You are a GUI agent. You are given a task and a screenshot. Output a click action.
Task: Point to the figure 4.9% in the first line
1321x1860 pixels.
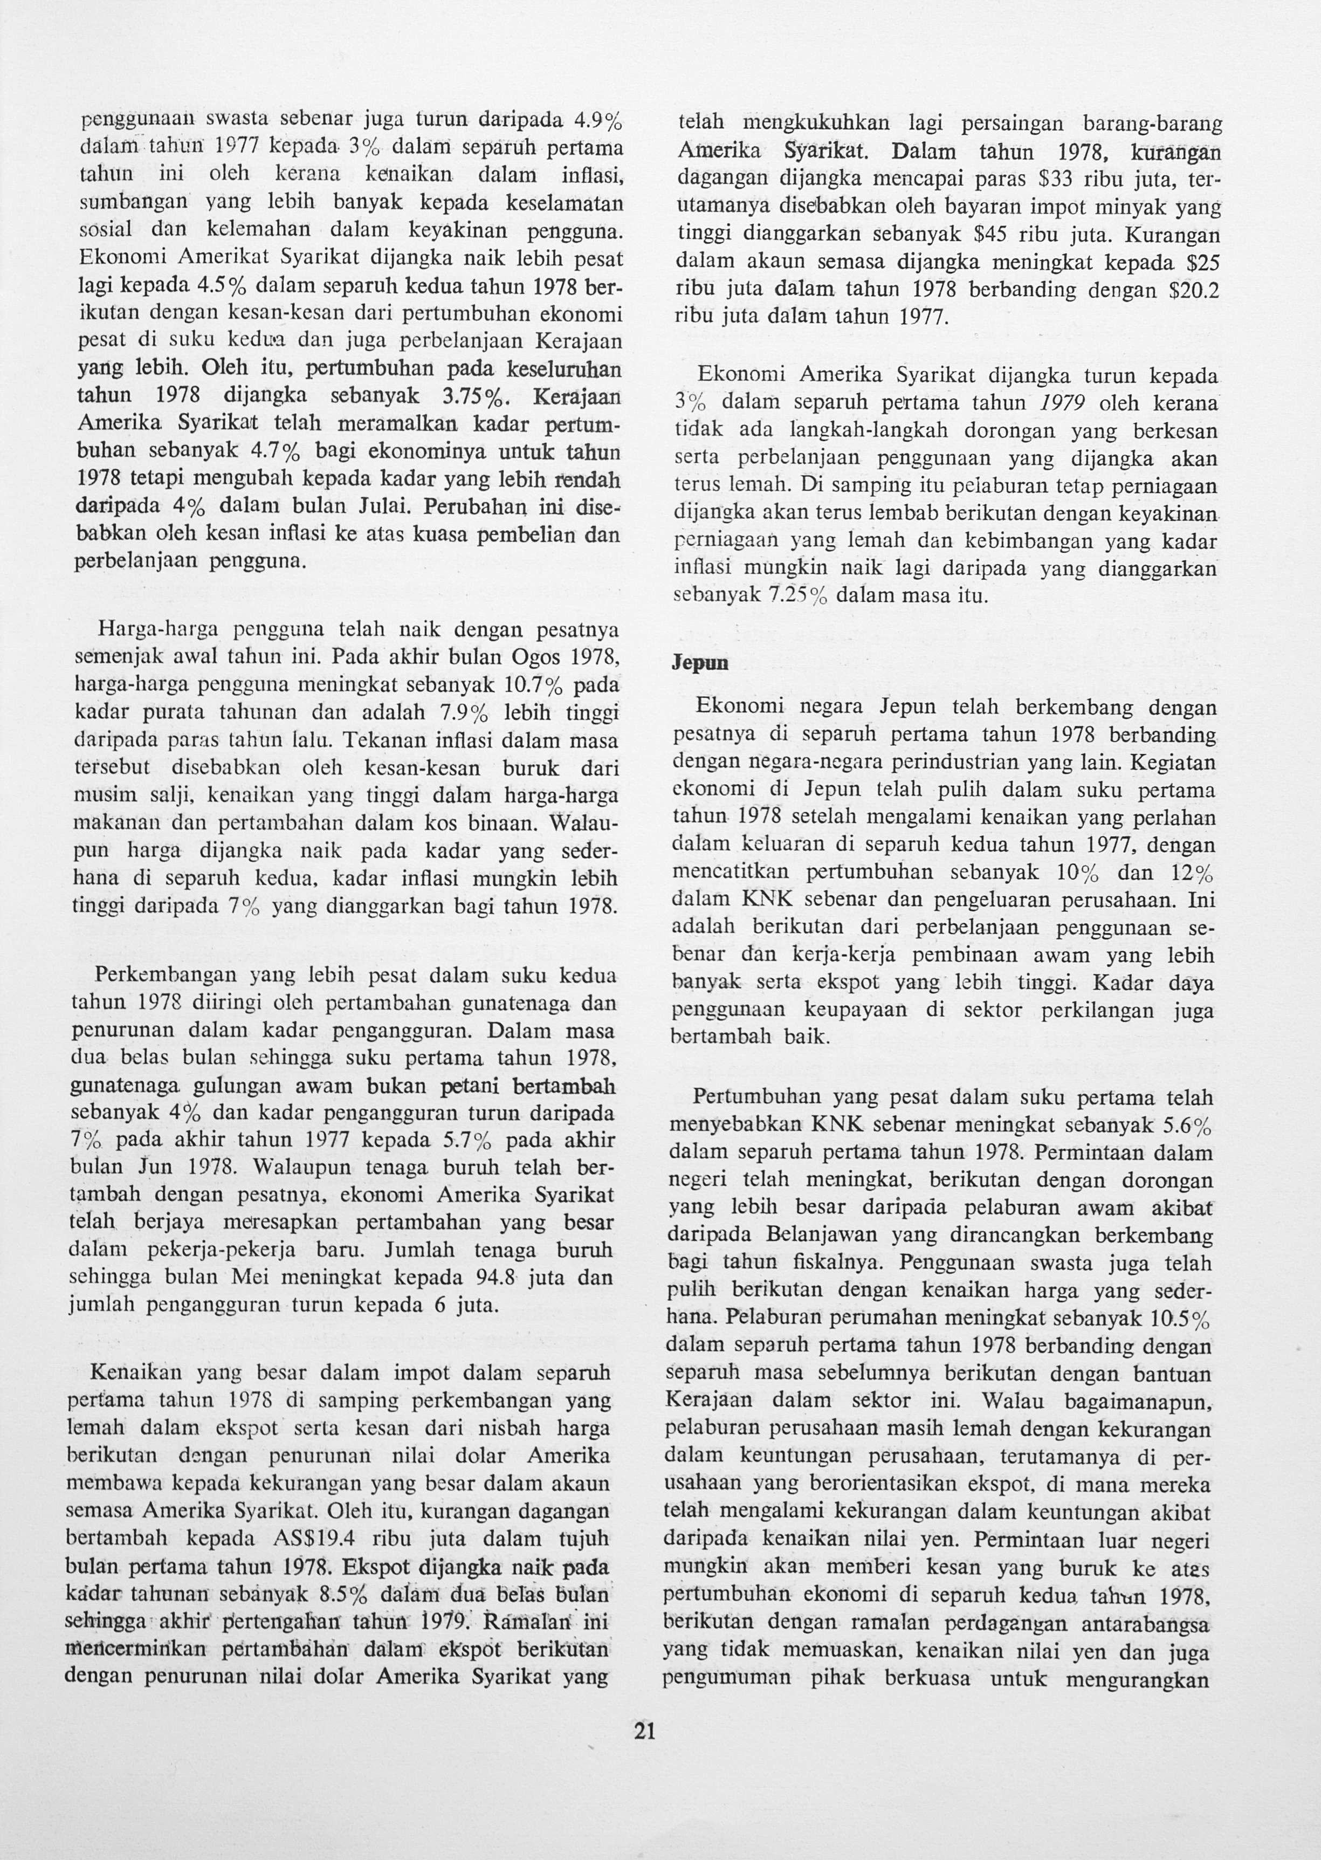tap(598, 123)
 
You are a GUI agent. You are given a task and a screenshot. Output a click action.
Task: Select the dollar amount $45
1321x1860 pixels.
tap(983, 235)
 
